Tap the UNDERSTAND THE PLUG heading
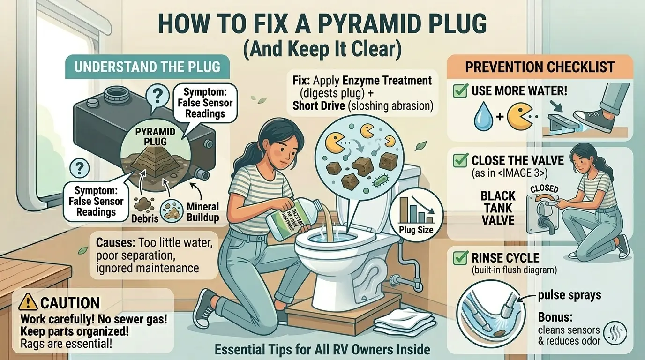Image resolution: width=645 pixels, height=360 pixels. click(147, 66)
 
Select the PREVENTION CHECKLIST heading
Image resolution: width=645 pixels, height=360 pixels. click(539, 67)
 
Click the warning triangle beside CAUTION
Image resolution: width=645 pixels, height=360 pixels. click(29, 302)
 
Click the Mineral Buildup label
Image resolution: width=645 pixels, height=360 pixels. click(202, 212)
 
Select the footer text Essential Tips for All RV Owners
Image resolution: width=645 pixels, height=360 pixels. click(322, 349)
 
